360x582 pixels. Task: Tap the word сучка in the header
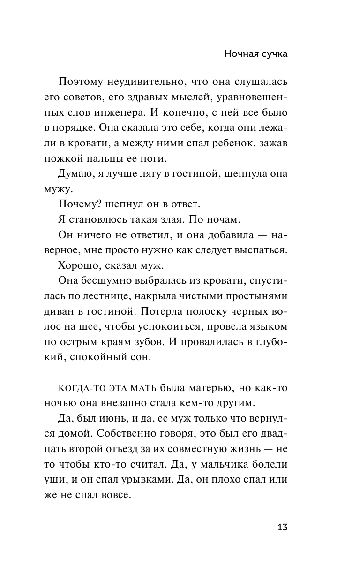tap(272, 54)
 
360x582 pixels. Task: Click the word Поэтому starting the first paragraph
tap(83, 83)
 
